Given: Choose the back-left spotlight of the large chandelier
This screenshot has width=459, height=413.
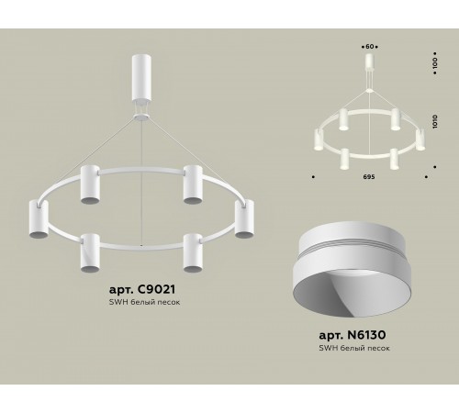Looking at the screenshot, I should pos(90,183).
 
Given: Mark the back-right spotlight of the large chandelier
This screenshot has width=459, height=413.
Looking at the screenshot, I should pos(192,183).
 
